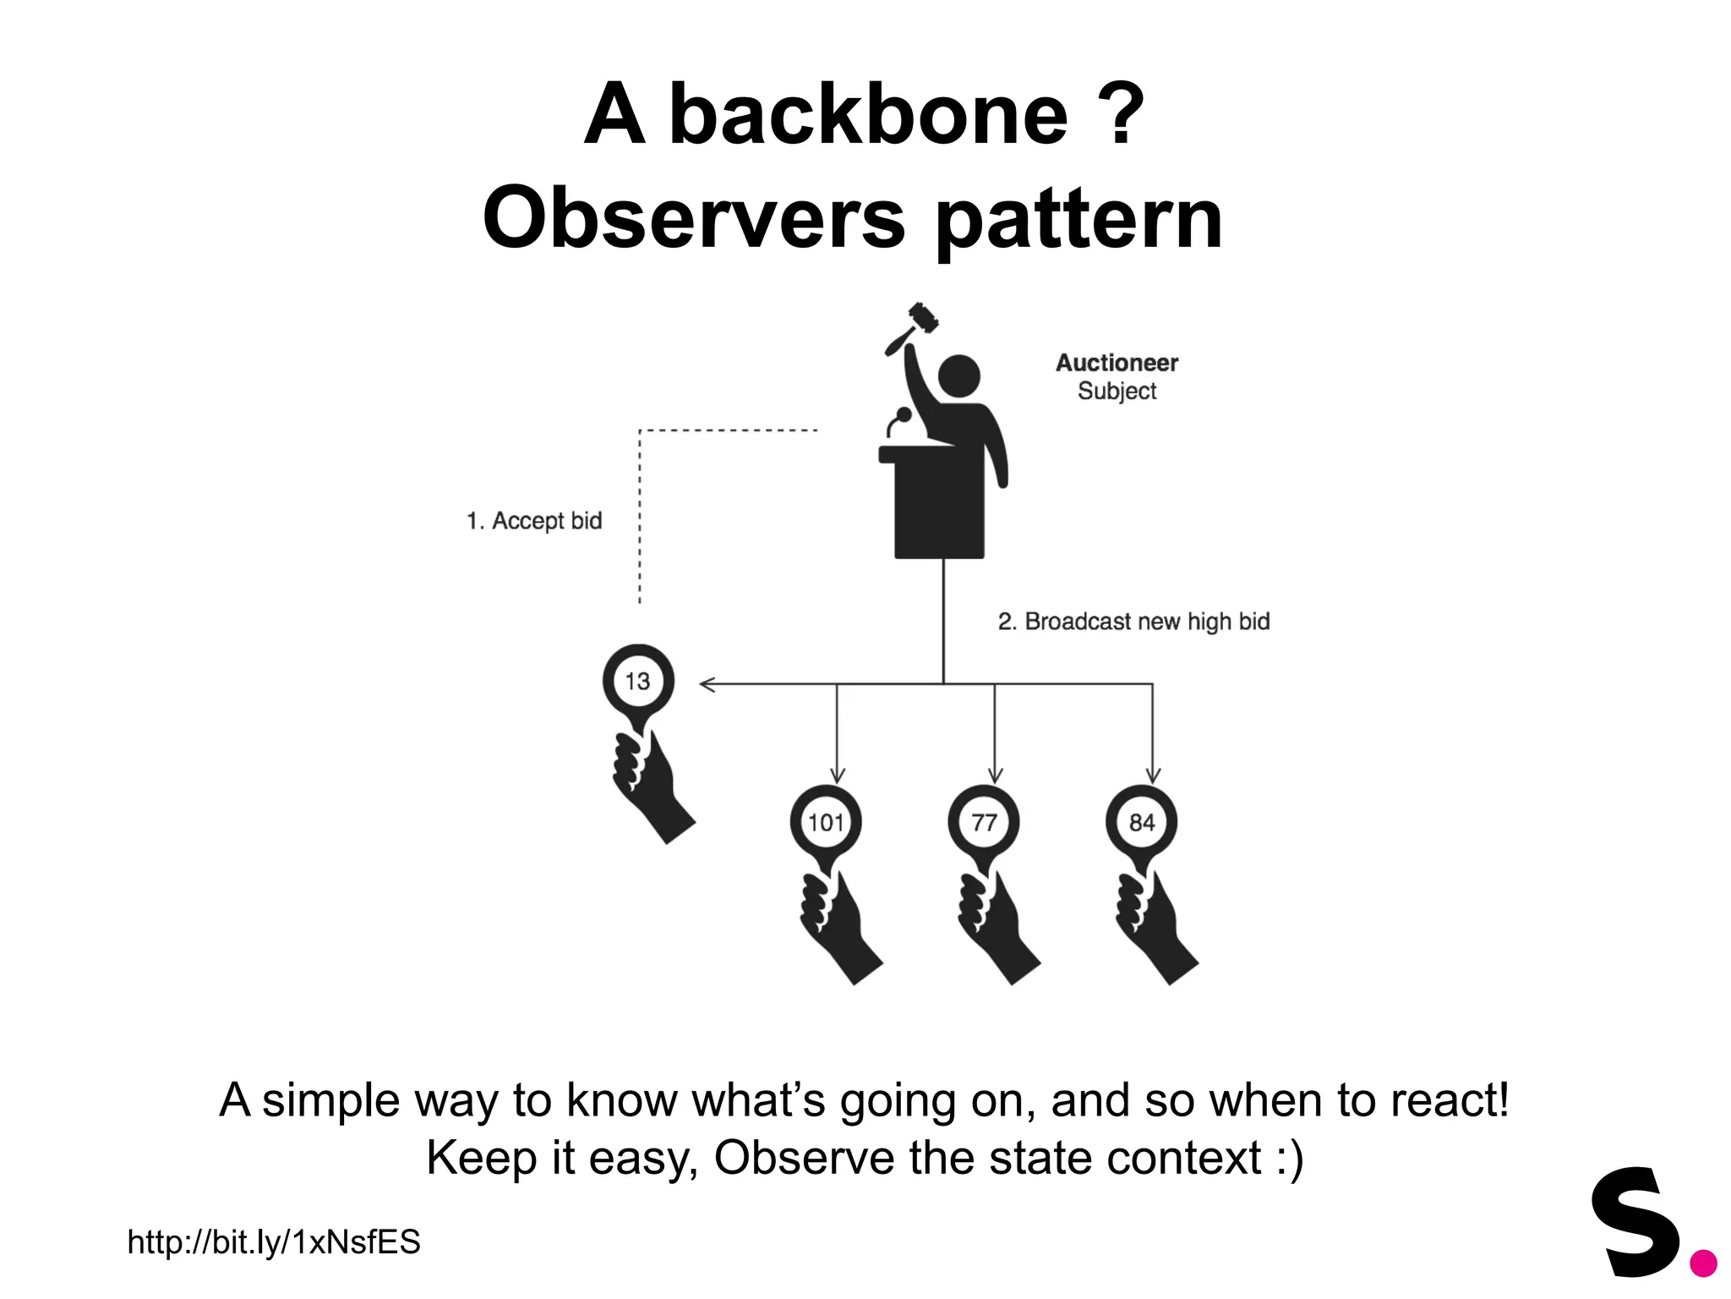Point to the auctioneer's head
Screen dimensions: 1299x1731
coord(958,375)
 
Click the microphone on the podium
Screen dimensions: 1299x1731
coord(903,416)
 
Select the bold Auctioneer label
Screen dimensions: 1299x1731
coord(1117,363)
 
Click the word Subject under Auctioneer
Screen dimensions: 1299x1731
coord(1117,391)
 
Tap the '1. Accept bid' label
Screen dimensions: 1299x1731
coord(534,521)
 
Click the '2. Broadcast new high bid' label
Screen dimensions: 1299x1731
coord(1133,622)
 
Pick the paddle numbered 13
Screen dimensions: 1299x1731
coord(638,682)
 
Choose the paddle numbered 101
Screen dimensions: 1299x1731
coord(826,822)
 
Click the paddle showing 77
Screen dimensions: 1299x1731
coord(984,822)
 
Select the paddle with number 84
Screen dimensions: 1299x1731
coord(1141,822)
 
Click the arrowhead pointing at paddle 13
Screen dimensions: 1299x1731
coord(707,684)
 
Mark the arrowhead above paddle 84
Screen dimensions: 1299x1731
coord(1153,775)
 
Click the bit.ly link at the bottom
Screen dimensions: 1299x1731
coord(274,1242)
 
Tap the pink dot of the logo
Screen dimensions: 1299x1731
coord(1703,1263)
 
